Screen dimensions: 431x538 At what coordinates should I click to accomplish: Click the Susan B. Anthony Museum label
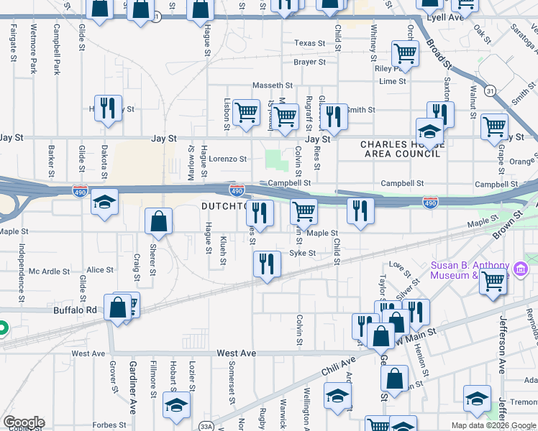[470, 270]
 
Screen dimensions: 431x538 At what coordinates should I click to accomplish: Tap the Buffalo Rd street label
[75, 310]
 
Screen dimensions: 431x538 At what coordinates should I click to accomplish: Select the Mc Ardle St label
[50, 272]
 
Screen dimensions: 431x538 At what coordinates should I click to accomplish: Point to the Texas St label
[309, 43]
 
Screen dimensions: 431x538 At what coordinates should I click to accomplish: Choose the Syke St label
[302, 253]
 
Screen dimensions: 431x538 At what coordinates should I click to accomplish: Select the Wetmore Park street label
[33, 50]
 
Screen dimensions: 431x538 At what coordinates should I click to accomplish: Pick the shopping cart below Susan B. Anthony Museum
[493, 282]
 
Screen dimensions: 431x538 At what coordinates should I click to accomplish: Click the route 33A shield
[206, 427]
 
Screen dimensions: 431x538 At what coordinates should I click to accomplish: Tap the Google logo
[24, 423]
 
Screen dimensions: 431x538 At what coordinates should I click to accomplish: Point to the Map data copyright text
[494, 425]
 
